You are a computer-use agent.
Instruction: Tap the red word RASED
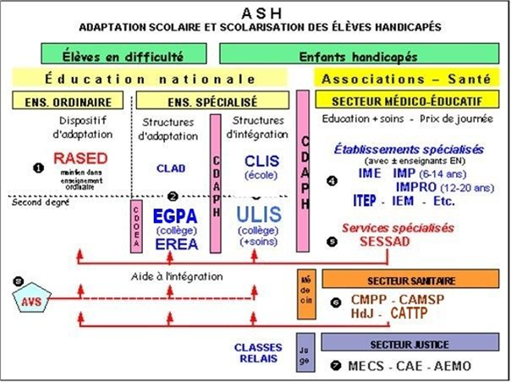pos(80,158)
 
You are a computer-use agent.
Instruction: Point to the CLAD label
pos(170,168)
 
